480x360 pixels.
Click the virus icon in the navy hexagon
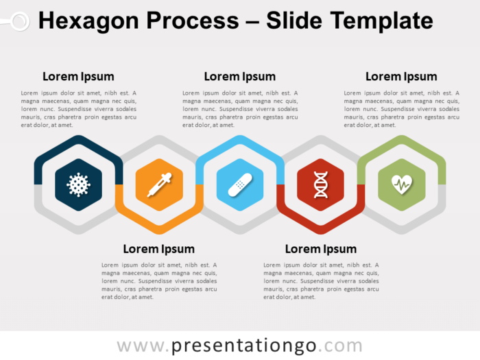78,184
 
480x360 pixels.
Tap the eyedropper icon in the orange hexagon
159,184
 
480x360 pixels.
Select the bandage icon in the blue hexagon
240,184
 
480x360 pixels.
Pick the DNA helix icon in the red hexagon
321,184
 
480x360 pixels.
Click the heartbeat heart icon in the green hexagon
401,184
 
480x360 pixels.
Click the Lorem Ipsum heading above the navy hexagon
78,77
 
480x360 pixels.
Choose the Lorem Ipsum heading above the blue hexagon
240,77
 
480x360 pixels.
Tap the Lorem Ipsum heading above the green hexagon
401,77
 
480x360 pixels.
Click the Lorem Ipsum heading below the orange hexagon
159,249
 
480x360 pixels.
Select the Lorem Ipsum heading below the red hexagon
321,249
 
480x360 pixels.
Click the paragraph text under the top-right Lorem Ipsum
401,109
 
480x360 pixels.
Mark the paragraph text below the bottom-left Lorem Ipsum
159,281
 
